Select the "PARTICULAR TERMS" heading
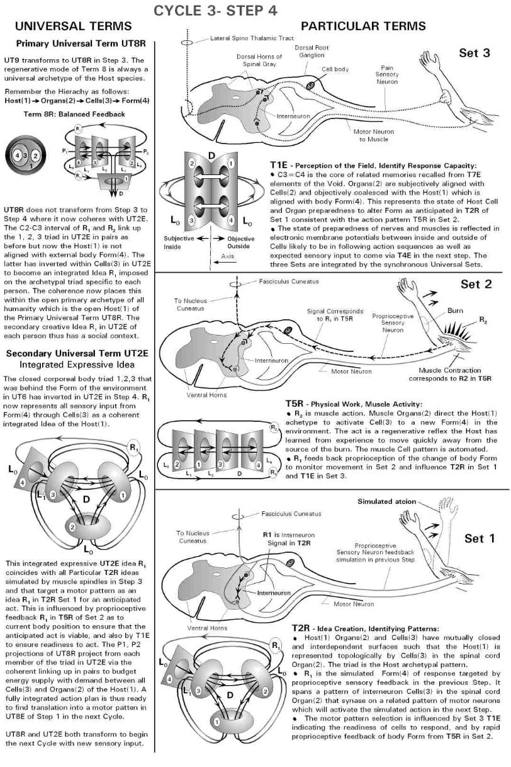click(x=363, y=26)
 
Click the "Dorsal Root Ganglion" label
click(x=313, y=52)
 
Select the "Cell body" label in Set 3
click(x=335, y=69)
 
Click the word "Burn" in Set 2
click(x=455, y=311)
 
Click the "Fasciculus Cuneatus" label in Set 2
click(x=285, y=281)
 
